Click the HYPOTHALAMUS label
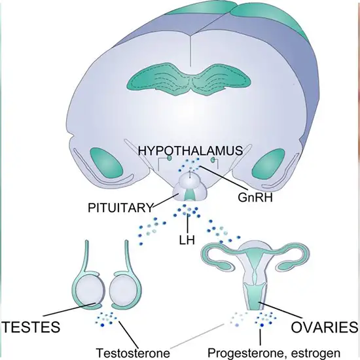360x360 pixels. tap(190, 151)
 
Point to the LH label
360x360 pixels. tap(187, 242)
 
